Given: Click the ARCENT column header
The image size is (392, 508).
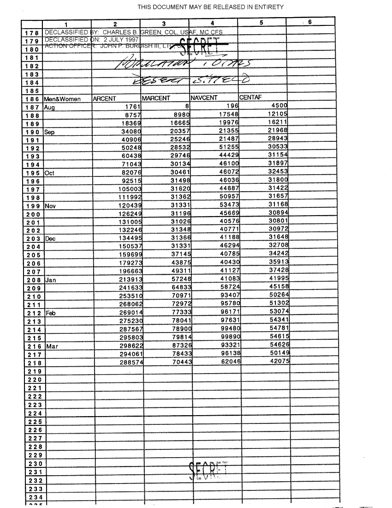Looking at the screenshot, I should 104,98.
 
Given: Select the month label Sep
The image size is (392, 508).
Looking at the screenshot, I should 49,132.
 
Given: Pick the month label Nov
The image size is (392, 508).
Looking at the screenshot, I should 50,206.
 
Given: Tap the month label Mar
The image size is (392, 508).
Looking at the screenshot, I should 51,346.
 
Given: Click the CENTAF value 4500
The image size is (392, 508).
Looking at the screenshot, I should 278,107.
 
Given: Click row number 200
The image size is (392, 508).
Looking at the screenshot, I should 34,214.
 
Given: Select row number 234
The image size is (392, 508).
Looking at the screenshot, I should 34,497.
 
